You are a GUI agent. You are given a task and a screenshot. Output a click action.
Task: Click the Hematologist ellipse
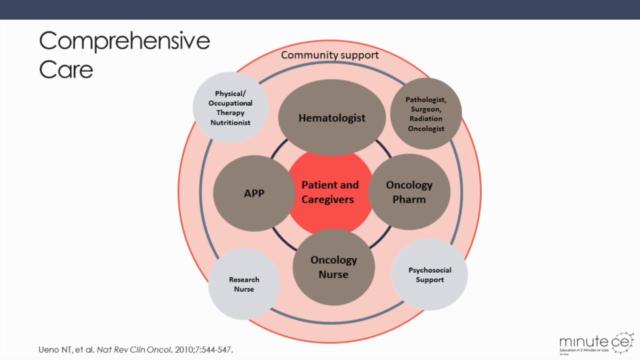coord(332,118)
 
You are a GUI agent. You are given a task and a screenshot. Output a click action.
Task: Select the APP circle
coord(254,193)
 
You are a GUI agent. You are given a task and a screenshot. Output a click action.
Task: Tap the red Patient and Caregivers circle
coord(330,192)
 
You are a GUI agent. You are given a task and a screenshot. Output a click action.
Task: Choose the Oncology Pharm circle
coord(409,192)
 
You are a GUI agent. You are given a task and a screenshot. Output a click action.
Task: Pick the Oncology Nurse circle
coord(333,267)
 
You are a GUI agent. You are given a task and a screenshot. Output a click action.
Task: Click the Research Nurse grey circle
coord(244,284)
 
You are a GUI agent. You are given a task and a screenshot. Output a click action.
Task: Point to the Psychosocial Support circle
coord(429,274)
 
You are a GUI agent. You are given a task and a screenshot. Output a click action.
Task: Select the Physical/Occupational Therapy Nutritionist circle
coord(230,108)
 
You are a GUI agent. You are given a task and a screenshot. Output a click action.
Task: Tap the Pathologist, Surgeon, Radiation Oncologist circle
coord(426,114)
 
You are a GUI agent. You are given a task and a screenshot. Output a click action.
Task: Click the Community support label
coord(329,55)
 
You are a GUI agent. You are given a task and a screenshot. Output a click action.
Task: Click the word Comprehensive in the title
coord(124,41)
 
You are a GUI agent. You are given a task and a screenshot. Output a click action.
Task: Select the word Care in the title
coord(66,69)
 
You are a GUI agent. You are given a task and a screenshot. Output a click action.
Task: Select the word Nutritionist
coord(230,122)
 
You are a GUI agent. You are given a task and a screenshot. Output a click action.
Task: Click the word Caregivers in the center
coord(327,199)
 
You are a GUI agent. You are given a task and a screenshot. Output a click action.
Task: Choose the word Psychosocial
coord(429,270)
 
